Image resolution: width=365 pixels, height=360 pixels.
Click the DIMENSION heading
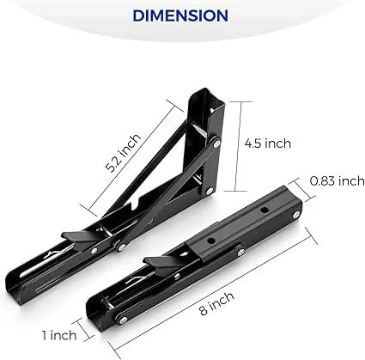click(x=182, y=15)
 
